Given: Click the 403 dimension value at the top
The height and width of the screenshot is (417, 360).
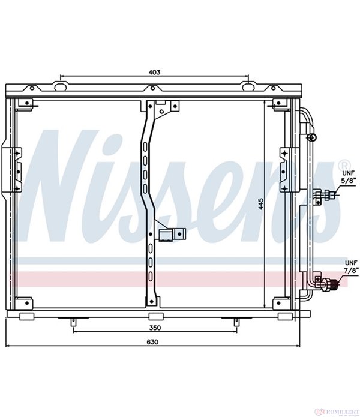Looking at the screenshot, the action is coord(154,72).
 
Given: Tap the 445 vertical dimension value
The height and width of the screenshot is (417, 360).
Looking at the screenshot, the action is coord(261,203).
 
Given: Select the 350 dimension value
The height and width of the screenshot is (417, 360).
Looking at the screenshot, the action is coord(155,328).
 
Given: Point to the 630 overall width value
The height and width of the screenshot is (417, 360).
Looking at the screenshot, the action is coord(152,342).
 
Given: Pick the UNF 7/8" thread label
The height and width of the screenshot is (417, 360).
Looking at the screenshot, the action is coord(351,267).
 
